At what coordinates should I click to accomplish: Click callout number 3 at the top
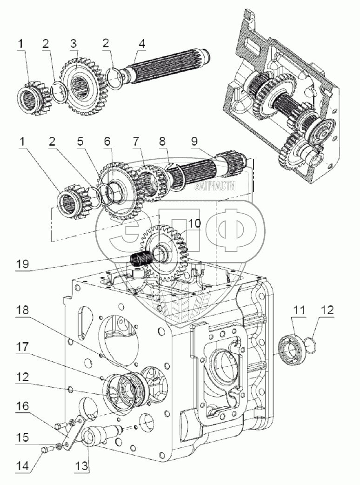(x=73, y=44)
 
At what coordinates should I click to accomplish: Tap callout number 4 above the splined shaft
(x=141, y=44)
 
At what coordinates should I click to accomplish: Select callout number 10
(x=194, y=223)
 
